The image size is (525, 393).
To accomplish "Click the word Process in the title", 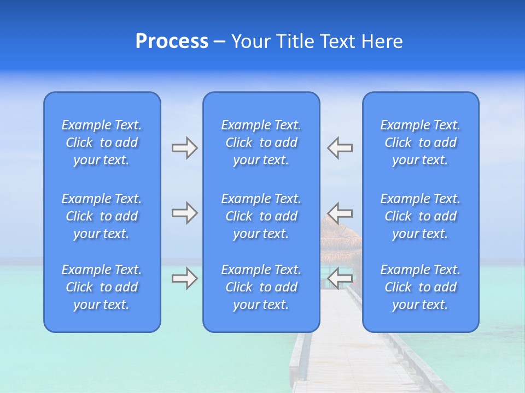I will point(172,41).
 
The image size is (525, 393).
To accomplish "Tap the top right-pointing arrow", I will point(184,148).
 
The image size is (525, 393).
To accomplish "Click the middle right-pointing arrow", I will point(184,212).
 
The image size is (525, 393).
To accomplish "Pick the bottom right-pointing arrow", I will point(184,278).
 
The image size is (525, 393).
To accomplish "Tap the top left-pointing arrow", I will point(340,148).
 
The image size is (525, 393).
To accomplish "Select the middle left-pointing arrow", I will point(340,212).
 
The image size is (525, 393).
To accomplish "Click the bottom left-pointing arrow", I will point(340,278).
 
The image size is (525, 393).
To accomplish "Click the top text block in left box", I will point(102,142).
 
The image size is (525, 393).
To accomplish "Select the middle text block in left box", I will point(102,216).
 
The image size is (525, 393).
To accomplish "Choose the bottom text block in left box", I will point(102,287).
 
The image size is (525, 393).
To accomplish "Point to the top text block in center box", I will point(261,142).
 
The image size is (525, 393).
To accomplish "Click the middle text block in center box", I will point(261,216).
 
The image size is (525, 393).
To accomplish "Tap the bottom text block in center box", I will point(261,287).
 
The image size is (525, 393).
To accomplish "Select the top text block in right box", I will point(420,142).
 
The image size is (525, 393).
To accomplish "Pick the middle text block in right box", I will point(420,216).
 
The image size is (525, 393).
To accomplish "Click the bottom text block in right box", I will point(420,287).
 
